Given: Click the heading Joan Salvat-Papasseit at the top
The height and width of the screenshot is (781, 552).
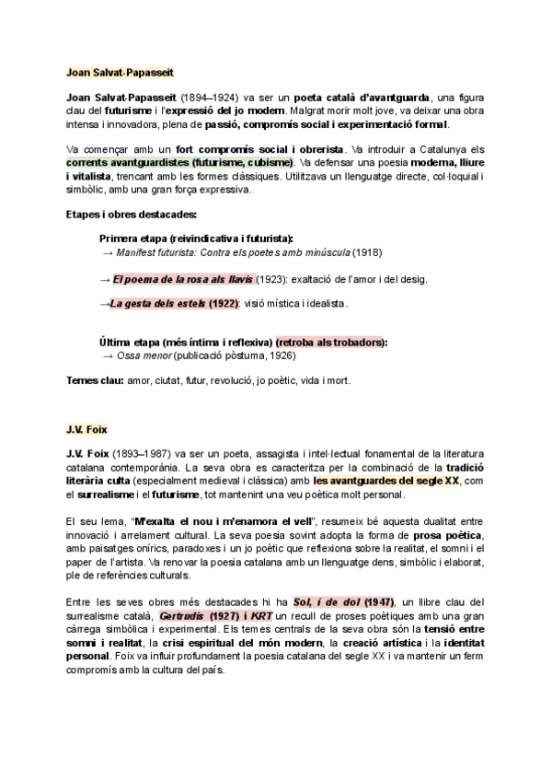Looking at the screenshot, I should click(x=121, y=71).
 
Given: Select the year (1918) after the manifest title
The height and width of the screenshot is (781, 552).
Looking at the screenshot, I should click(x=367, y=252).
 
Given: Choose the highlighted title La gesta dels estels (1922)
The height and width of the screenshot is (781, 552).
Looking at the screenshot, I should click(x=175, y=303).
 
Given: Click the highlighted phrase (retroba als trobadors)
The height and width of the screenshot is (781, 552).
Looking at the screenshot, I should click(x=332, y=342).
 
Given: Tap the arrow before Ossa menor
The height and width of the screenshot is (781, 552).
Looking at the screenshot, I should click(x=107, y=356).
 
